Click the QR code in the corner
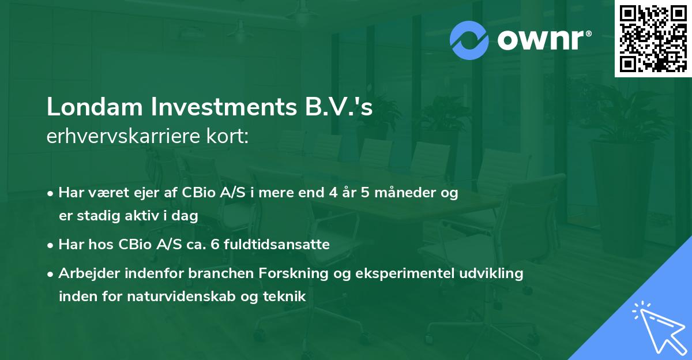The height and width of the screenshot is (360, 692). point(652,39)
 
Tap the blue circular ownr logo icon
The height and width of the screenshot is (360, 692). point(469,40)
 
